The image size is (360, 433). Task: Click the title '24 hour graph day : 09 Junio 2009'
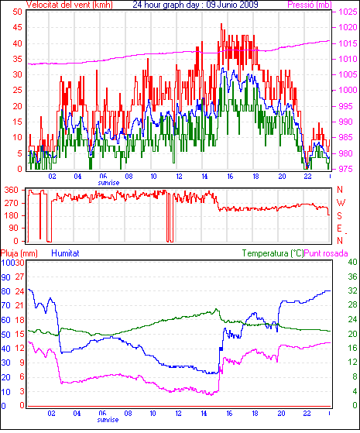point(195,5)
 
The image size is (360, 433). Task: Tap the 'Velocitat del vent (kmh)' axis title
point(70,5)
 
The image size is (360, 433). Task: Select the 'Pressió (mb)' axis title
point(310,5)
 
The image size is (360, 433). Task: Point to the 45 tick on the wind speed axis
point(17,27)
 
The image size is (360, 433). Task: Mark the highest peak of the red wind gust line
point(221,24)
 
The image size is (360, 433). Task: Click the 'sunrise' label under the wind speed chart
point(108,183)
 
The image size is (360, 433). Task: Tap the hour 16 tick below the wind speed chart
point(230,176)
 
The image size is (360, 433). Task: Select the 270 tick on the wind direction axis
point(12,203)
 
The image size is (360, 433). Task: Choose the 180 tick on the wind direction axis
point(12,215)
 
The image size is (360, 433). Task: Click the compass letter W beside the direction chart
point(341,203)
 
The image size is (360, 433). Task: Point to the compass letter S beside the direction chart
point(339,215)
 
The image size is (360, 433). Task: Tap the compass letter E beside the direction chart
point(339,229)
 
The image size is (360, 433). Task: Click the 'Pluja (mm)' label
point(19,253)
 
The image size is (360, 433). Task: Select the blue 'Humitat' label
point(65,253)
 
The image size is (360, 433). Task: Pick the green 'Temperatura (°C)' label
point(273,253)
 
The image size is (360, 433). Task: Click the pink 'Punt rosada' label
point(326,253)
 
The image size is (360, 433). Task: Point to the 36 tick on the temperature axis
point(352,277)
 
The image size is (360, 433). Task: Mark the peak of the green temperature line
point(216,309)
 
